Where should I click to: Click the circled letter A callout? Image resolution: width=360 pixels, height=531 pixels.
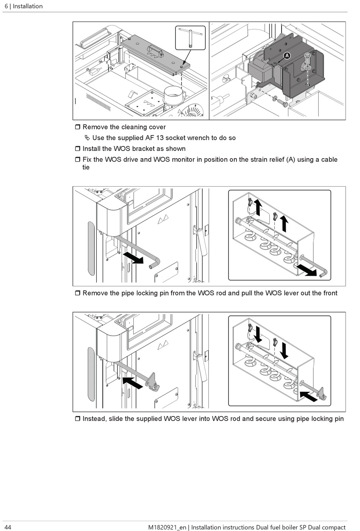click(287, 56)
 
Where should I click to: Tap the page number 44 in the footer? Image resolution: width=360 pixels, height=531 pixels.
click(8, 527)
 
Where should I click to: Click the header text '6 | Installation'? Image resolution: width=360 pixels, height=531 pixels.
click(23, 6)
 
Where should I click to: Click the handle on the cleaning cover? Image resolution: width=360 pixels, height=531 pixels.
click(155, 50)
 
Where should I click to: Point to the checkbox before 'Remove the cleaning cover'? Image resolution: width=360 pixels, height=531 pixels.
click(77, 127)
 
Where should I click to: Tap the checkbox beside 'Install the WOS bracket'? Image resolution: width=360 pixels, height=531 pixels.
click(77, 149)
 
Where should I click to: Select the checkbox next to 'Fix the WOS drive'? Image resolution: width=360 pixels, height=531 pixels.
click(77, 160)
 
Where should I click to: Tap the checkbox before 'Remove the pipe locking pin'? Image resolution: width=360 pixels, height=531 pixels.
click(77, 293)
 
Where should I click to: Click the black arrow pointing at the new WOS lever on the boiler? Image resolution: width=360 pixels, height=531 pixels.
click(133, 382)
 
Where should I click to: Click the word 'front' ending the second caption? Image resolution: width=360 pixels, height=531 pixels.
click(329, 293)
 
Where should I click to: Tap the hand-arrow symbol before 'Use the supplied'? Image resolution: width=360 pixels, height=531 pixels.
click(88, 138)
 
